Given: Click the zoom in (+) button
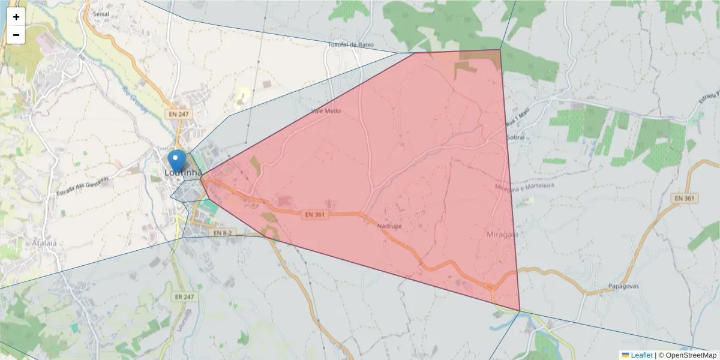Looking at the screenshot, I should pos(16,17).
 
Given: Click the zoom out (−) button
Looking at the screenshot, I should pos(16,35).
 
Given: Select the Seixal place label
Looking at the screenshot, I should pos(101,14).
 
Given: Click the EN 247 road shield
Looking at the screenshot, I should pos(178,113).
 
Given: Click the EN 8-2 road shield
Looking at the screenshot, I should pos(221,232).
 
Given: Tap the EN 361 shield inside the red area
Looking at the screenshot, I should pos(315,215).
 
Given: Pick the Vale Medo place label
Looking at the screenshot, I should pos(326,111).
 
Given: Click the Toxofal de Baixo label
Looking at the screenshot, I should pos(351,44).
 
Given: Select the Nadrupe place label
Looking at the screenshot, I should pos(389,226).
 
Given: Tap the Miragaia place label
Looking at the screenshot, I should pos(502,234).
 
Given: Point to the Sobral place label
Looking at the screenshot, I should pos(515,137).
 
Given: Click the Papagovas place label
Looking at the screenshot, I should pos(623,286).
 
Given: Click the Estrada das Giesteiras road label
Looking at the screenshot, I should pos(83,186).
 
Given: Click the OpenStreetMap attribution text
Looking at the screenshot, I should pos(691,355).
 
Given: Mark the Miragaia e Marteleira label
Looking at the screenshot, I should pos(524,187).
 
